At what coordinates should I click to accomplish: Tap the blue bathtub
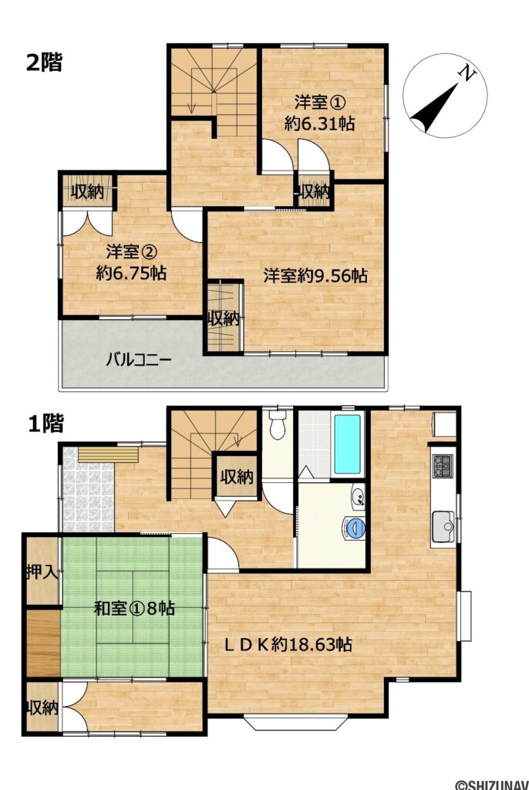click(x=347, y=444)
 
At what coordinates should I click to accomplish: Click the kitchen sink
click(x=443, y=526)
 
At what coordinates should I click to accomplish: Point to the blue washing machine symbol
click(x=355, y=527)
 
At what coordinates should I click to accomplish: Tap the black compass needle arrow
click(x=433, y=108)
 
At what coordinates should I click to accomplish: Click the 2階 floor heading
click(x=44, y=63)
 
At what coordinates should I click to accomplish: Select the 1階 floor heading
click(x=45, y=424)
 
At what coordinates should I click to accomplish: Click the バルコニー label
click(x=139, y=360)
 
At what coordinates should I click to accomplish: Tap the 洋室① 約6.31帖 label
click(x=319, y=113)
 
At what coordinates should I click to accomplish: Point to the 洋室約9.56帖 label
click(x=315, y=275)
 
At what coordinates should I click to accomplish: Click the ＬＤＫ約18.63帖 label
click(x=288, y=644)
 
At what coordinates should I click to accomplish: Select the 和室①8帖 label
click(x=134, y=608)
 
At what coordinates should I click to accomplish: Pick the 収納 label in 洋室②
click(x=87, y=191)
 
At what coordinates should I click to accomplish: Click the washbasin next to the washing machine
click(x=359, y=496)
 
